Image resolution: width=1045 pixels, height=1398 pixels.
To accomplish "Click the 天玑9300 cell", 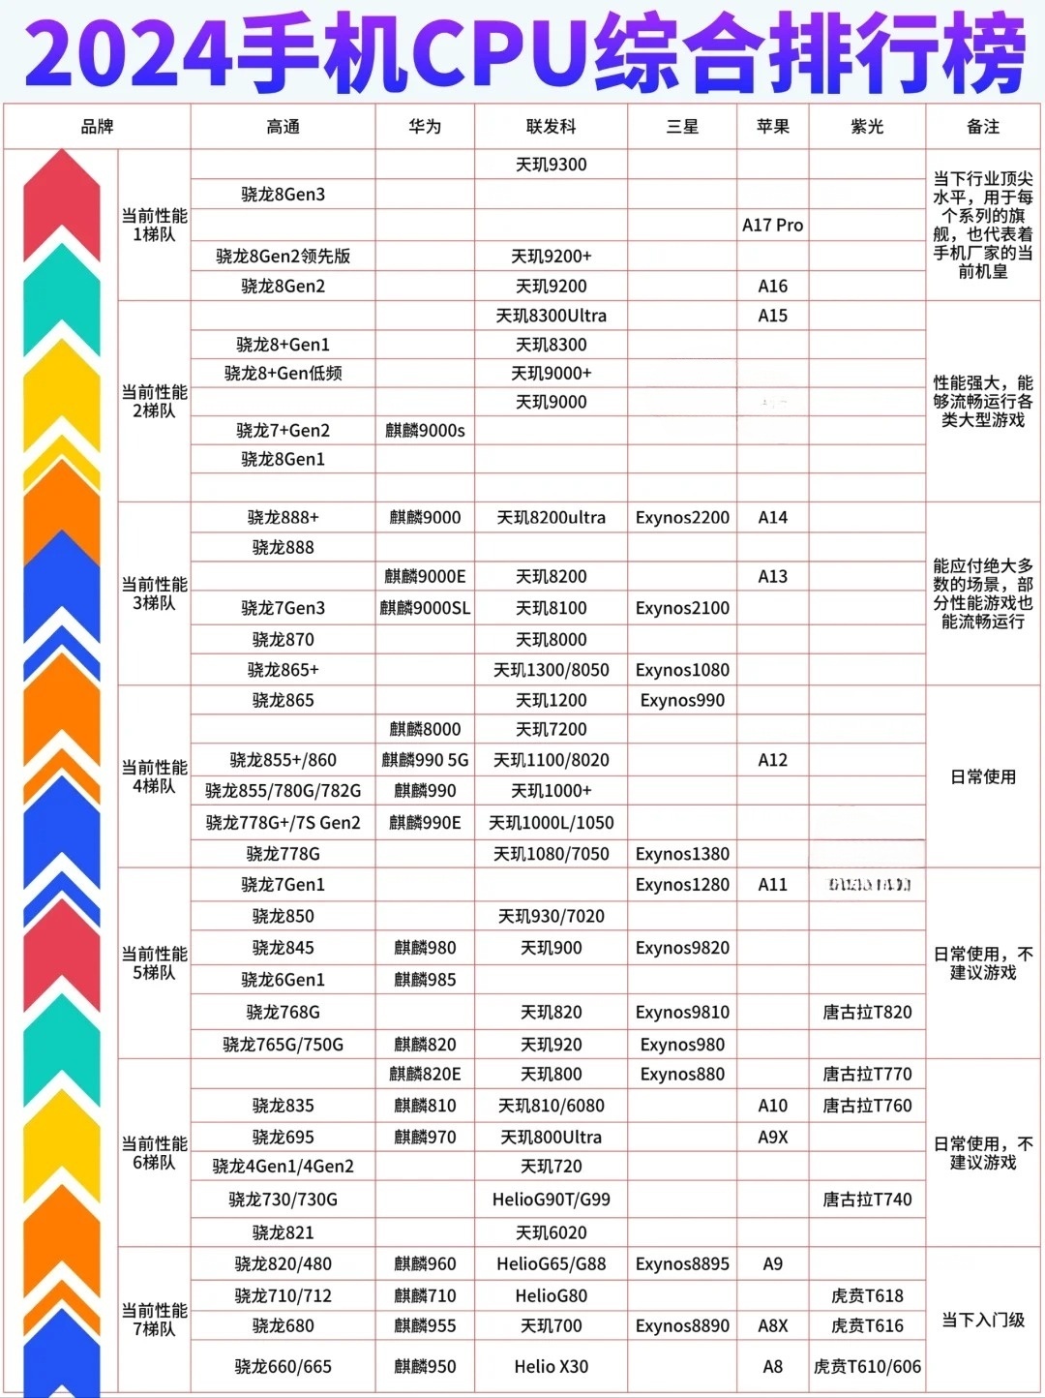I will click(551, 165).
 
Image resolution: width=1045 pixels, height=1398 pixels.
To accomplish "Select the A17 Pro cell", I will click(772, 225).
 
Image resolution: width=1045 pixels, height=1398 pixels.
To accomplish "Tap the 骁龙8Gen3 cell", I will click(283, 195).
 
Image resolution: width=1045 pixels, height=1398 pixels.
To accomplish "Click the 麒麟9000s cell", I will click(425, 431).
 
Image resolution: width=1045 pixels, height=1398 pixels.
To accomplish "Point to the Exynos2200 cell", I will click(682, 518).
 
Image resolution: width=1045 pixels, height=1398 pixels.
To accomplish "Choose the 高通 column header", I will click(283, 127).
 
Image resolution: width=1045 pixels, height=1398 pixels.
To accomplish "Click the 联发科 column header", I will click(551, 127).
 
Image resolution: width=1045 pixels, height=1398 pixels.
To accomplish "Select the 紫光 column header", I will click(867, 127).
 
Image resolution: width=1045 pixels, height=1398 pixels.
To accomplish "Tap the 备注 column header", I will click(983, 127).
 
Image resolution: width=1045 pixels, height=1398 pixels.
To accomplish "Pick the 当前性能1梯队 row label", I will click(154, 225).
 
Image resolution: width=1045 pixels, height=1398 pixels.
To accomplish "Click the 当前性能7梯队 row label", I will click(154, 1320).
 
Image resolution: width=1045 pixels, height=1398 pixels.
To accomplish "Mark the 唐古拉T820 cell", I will click(867, 1013).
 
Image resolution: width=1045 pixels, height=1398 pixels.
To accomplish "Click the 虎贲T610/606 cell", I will click(867, 1367).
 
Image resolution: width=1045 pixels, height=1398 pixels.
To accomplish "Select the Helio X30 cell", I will click(551, 1367).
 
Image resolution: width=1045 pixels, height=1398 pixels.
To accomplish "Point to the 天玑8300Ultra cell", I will click(551, 316).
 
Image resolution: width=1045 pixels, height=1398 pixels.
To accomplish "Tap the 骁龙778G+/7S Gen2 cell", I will click(283, 823).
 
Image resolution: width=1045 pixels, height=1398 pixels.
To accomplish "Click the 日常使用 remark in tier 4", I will click(983, 776).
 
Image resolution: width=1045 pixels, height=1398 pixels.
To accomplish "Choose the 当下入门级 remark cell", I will click(983, 1320).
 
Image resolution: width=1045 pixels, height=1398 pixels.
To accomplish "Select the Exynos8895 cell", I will click(682, 1264).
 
